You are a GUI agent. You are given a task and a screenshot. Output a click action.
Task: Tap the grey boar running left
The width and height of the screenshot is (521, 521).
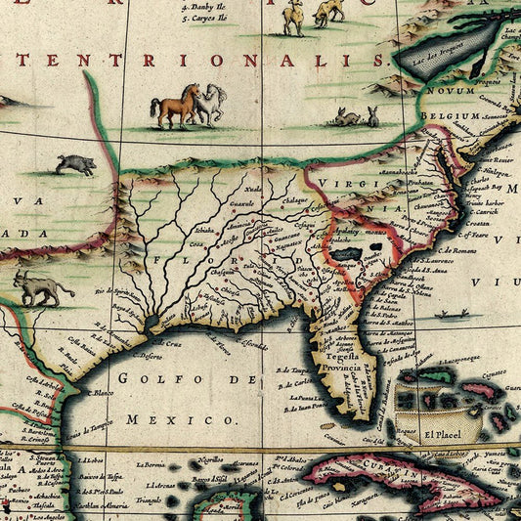pos(75,163)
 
